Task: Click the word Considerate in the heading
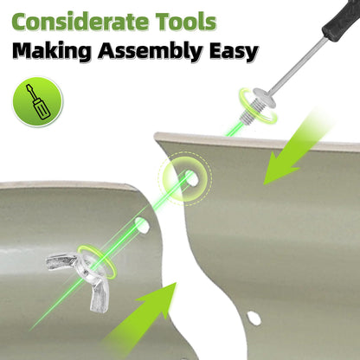80,22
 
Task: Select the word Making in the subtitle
52,51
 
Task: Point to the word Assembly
150,52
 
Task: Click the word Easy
234,53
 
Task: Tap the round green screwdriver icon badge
37,101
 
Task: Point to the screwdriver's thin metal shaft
298,66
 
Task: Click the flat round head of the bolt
263,98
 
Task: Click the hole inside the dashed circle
191,177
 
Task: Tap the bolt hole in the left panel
143,225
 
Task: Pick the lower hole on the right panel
254,318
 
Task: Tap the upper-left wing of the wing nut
61,261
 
